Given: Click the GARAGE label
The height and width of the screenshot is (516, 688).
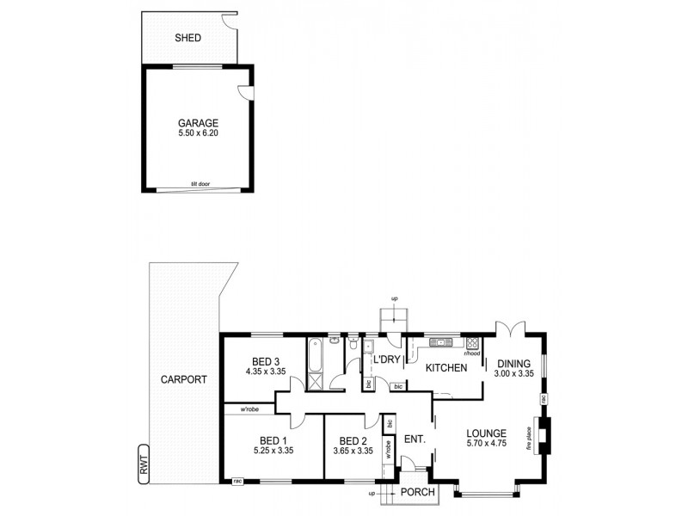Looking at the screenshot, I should pos(198,122).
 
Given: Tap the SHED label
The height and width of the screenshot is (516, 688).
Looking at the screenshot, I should pos(187,38).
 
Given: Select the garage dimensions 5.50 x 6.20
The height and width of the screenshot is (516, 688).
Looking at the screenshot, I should pos(198,134).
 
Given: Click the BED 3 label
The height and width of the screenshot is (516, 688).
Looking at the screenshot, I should pos(266,360).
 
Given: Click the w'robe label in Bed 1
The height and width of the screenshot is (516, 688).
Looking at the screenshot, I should pos(250,408).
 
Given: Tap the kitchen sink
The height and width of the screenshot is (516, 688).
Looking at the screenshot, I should pos(439,341).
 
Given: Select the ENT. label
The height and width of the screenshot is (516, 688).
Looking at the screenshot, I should pos(415,439).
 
